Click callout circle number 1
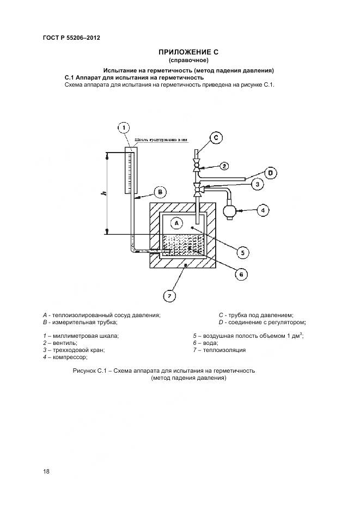click(x=124, y=127)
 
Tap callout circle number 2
click(x=224, y=165)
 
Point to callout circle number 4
click(x=263, y=209)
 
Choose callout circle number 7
click(x=170, y=296)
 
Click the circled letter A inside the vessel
click(x=175, y=222)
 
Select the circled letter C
click(x=216, y=138)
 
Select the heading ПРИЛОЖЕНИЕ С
click(x=188, y=52)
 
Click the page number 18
click(x=46, y=471)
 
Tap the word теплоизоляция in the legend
click(x=225, y=350)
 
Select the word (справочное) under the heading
click(x=188, y=60)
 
